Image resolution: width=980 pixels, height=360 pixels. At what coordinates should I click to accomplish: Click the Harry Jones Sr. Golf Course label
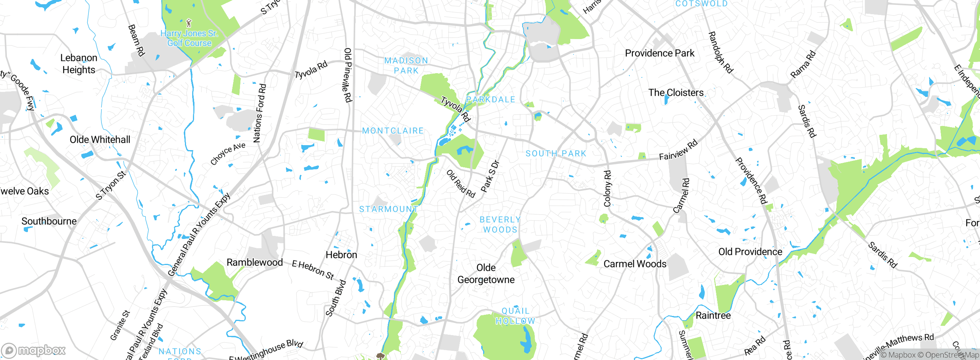point(189,38)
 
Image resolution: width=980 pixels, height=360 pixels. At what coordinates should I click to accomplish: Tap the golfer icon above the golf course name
point(188,23)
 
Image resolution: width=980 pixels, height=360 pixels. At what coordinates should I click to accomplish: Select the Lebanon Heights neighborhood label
point(79,64)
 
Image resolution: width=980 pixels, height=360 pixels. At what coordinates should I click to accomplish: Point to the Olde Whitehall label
point(100,140)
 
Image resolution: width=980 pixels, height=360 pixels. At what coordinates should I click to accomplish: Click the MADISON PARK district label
point(406,65)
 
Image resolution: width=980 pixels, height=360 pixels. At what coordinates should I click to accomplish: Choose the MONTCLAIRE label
point(393,131)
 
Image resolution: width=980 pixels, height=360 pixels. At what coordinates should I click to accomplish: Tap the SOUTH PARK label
point(556,154)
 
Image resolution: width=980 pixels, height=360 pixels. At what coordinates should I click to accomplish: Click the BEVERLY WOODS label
point(500,225)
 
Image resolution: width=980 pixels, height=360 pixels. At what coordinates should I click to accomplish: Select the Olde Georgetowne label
point(486,274)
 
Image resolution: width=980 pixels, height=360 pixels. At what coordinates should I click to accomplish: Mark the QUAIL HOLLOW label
point(515,316)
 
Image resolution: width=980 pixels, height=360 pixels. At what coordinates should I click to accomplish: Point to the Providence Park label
point(660,53)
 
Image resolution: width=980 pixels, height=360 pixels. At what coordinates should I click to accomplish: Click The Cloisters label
point(676,93)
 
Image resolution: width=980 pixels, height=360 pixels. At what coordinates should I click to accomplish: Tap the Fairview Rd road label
point(678,150)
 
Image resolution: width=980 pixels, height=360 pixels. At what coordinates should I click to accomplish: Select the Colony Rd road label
point(608,188)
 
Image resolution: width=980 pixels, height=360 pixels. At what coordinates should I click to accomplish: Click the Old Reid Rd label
point(461,184)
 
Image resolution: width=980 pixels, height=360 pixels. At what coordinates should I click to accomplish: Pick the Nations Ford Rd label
point(260,113)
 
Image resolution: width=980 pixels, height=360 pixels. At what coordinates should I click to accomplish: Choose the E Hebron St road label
point(313,270)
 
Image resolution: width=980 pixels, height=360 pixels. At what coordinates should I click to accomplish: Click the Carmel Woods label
point(635,264)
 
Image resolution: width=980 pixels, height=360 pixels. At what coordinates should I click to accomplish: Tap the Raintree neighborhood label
point(713,316)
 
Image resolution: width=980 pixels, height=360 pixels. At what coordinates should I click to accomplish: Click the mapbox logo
point(34,350)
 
